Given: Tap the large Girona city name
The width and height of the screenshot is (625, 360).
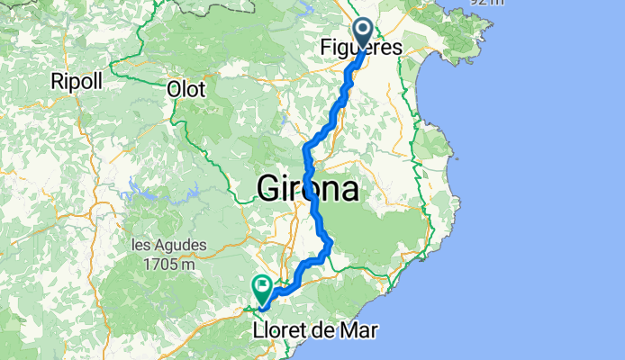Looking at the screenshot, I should (x=308, y=189).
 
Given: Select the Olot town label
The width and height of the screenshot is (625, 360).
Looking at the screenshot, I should (x=186, y=89).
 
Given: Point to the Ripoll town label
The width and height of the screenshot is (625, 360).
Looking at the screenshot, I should (x=78, y=79).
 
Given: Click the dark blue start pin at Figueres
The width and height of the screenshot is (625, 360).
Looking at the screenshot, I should (x=364, y=33).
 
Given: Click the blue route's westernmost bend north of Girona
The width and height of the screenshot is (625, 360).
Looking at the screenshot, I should (x=308, y=147).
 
